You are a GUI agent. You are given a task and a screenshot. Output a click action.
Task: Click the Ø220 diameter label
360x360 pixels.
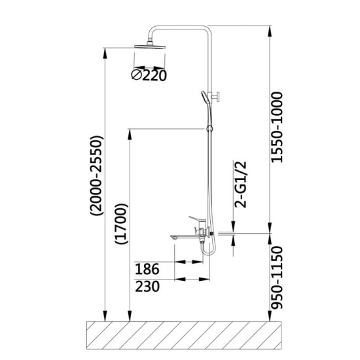[x=149, y=75]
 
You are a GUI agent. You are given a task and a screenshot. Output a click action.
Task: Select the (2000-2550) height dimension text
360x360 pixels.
[x=97, y=176]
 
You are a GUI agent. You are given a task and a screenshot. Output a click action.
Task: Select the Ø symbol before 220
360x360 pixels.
[x=135, y=75]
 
